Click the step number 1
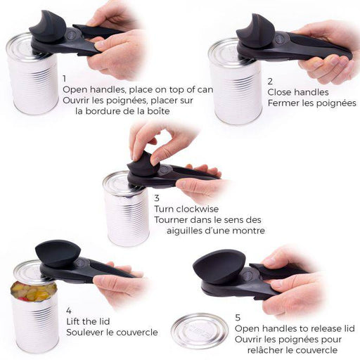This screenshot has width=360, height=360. (65, 79)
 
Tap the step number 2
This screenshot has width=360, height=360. (271, 82)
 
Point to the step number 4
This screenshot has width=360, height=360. (68, 310)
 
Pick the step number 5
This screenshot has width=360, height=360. (238, 317)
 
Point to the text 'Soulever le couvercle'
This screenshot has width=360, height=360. (112, 332)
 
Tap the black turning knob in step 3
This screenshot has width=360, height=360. (143, 163)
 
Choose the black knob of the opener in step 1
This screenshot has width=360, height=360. (48, 27)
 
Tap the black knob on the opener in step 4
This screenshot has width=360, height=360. (58, 252)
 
